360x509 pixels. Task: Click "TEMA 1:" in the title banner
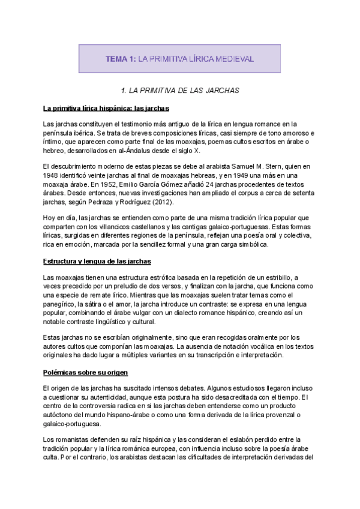tap(121, 59)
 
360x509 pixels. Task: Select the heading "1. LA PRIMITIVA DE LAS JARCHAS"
tap(180, 91)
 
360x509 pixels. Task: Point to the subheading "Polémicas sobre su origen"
tap(81, 372)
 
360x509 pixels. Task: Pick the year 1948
tap(53, 175)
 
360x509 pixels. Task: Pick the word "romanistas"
tap(71, 440)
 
